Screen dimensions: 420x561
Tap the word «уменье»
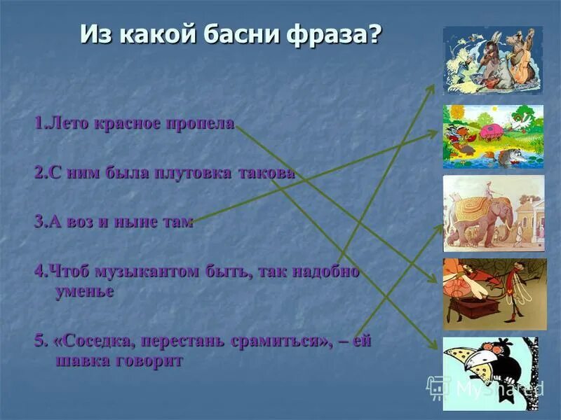pyautogui.click(x=84, y=291)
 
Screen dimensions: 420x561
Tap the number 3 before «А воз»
pyautogui.click(x=39, y=222)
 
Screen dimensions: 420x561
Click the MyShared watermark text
pyautogui.click(x=498, y=387)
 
